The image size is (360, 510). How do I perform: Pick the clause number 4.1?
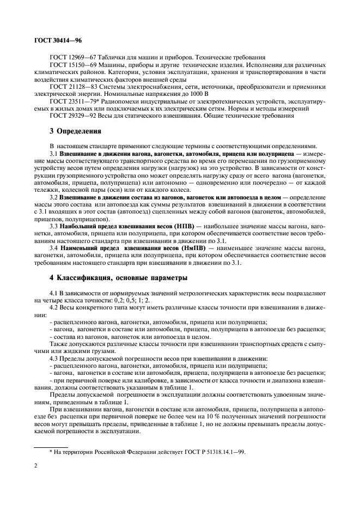(53, 293)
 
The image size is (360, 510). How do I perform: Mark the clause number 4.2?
(53, 308)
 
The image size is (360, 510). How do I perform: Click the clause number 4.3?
(53, 359)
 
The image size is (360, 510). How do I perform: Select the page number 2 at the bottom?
(35, 466)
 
